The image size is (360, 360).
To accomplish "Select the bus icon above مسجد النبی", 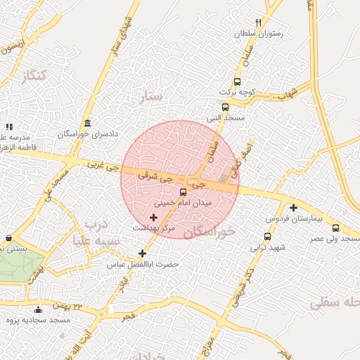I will [225, 107].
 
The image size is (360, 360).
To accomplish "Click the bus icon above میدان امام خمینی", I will [184, 192].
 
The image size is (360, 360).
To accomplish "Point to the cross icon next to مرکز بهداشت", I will [154, 218].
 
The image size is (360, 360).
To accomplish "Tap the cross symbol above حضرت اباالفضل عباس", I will [143, 253].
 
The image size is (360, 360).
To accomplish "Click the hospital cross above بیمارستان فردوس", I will [293, 207].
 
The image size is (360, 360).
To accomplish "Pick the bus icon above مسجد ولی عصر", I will [336, 228].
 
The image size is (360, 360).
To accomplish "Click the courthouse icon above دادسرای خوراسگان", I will [86, 123].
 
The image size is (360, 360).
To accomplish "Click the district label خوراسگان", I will [209, 231].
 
